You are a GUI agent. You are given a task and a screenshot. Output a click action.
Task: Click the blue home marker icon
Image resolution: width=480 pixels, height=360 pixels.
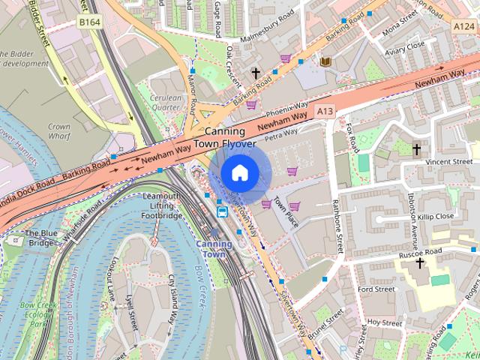click(238, 172)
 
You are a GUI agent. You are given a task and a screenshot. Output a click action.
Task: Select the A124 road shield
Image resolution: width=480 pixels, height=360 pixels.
click(463, 25)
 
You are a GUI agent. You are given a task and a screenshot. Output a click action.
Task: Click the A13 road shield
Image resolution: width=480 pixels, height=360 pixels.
click(325, 111)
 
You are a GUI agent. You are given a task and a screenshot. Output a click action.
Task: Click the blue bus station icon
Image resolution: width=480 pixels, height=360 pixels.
click(223, 211)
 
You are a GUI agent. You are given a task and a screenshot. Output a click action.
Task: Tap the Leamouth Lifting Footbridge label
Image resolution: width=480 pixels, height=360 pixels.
click(161, 206)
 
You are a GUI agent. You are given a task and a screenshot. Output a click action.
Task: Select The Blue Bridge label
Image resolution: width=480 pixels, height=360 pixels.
click(42, 237)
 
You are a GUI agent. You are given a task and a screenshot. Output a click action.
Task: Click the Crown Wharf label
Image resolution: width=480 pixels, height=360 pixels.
click(58, 132)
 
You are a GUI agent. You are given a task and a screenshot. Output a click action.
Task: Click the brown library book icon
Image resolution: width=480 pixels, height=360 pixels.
click(325, 61)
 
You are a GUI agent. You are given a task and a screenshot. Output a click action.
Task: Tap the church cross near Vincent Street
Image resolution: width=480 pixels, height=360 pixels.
click(416, 149)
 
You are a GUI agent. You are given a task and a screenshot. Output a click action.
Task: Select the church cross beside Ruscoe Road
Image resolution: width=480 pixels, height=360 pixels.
click(420, 263)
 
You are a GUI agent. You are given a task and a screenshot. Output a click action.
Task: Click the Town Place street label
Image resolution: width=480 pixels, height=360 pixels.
click(286, 214)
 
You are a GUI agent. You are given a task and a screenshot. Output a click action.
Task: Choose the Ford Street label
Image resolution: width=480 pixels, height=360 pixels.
click(376, 289)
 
